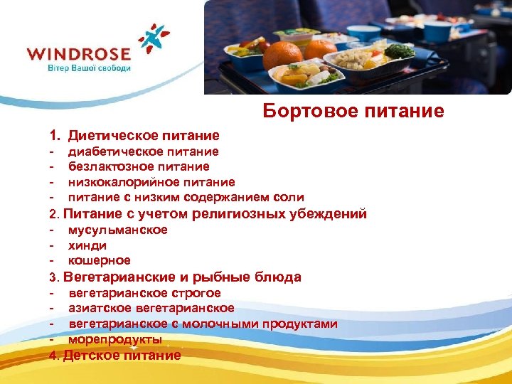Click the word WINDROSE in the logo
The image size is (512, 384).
(78, 54)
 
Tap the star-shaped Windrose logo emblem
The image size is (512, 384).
(153, 39)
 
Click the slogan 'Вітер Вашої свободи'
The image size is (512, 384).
(89, 68)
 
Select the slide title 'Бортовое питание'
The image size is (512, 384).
(353, 111)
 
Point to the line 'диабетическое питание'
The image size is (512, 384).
(143, 151)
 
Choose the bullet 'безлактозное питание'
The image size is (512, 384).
(139, 166)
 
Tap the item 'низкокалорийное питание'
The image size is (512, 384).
(151, 182)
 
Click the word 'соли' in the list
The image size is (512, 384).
(290, 197)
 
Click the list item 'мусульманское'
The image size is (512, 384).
(117, 230)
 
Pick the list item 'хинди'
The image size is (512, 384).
(87, 245)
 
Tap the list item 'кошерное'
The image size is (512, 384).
(100, 260)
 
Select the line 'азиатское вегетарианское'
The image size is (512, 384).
(151, 308)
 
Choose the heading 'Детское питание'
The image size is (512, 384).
(122, 355)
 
